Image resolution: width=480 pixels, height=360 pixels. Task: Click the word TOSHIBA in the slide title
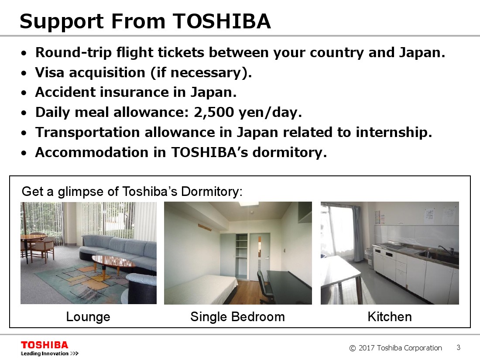coord(222,21)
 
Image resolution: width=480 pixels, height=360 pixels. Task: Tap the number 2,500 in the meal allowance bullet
coord(214,112)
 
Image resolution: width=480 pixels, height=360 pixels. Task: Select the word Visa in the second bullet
coord(50,72)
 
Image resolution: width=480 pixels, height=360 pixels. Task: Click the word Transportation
coord(88,133)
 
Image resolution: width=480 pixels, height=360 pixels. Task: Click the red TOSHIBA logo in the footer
coord(45,345)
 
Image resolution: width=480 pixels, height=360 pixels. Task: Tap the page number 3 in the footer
coord(458,347)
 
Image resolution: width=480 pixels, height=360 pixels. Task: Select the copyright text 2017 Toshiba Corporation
coord(400,348)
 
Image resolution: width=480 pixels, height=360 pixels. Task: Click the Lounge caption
coord(88,317)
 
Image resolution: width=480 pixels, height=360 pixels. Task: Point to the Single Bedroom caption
coord(237,317)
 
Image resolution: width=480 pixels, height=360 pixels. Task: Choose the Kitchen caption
coord(390,317)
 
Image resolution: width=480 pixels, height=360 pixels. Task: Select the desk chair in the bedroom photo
coord(265,286)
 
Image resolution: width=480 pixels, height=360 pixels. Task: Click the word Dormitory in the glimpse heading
coord(212,192)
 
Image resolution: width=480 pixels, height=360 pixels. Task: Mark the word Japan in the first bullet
coord(422,53)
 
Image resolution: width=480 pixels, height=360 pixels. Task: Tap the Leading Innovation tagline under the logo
coord(45,353)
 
